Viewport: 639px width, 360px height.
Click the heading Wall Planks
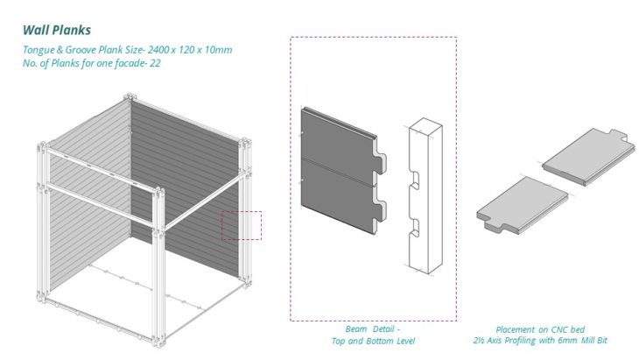57,30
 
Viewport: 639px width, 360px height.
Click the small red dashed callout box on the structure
241,225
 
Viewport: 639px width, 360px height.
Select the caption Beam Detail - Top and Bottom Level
372,335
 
